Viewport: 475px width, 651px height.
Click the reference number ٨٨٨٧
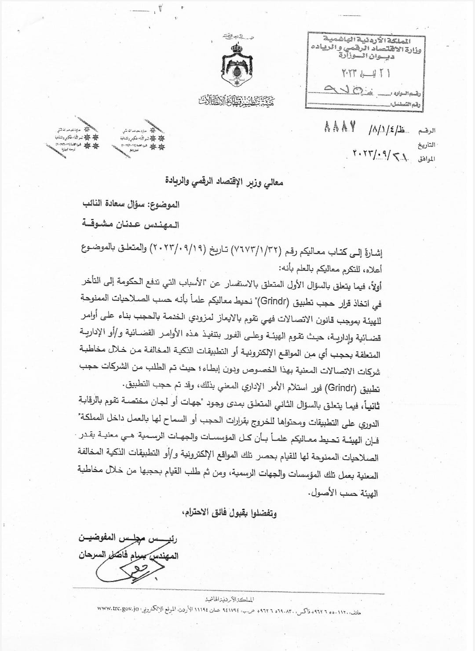tap(340, 128)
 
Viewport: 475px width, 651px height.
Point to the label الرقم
tap(427, 131)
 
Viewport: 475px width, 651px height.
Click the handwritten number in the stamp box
tap(352, 91)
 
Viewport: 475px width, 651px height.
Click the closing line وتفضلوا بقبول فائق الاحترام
tap(229, 512)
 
